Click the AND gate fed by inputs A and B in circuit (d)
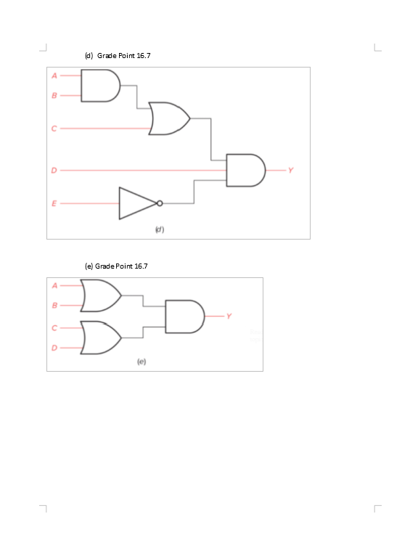point(99,86)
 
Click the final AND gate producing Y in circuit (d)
point(245,170)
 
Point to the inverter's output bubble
point(159,203)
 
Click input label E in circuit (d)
point(53,203)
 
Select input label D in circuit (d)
point(53,171)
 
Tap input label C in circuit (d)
point(53,128)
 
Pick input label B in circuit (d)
point(53,95)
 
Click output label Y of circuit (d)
point(290,171)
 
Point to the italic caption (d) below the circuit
point(160,229)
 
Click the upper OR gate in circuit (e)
point(101,296)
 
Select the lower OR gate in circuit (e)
point(101,338)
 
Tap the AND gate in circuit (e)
point(184,317)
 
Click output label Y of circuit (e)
point(229,316)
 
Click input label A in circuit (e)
point(53,285)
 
